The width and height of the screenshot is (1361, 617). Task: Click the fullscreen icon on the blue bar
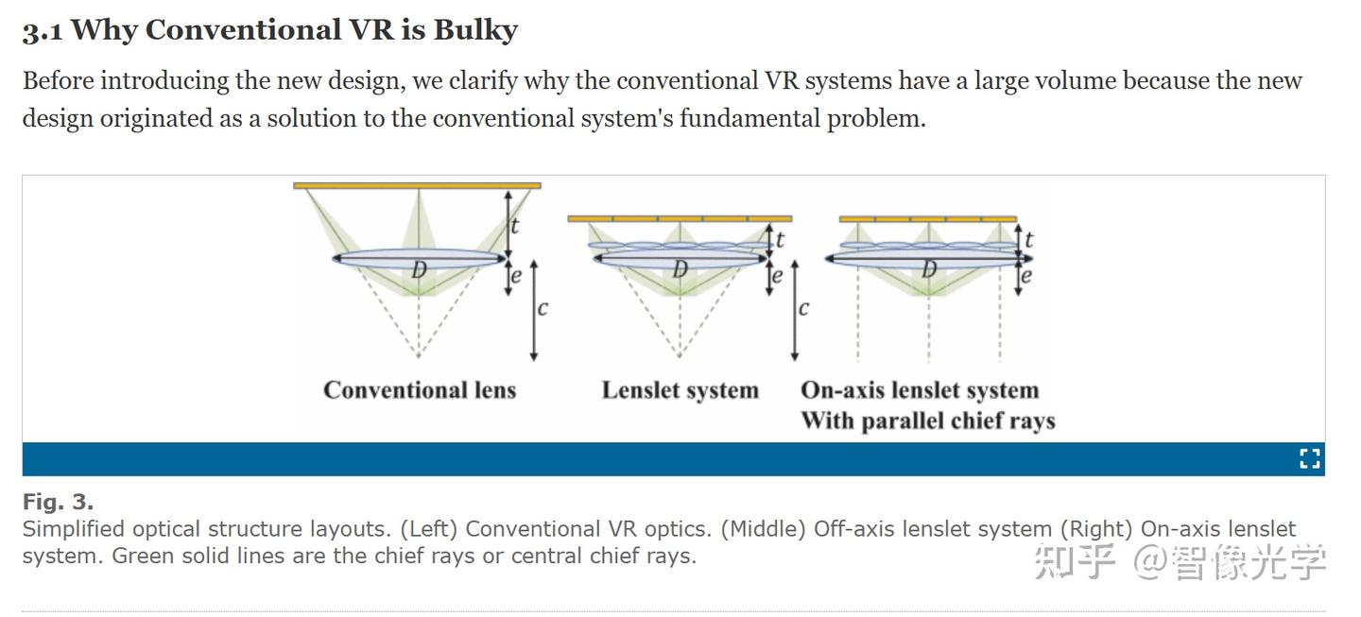[x=1309, y=458]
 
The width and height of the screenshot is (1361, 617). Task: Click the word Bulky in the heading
[x=475, y=30]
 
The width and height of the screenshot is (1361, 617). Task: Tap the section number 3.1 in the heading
[x=43, y=30]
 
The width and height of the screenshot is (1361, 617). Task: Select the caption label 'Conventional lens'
[x=420, y=390]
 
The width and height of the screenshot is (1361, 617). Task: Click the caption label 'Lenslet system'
[x=680, y=390]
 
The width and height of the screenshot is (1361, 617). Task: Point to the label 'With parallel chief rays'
[x=928, y=420]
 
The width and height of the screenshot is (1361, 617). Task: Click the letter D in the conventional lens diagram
[x=419, y=269]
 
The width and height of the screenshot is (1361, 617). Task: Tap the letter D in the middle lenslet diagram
[x=680, y=268]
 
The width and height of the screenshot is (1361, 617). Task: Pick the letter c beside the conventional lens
[x=543, y=308]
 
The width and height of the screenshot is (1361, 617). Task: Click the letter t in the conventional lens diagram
[x=514, y=226]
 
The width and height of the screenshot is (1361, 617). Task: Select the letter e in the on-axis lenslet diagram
[x=1026, y=276]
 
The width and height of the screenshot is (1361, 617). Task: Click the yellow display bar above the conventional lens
[x=417, y=186]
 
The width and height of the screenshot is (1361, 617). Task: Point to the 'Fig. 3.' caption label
[x=59, y=503]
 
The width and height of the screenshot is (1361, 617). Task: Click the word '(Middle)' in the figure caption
[x=763, y=529]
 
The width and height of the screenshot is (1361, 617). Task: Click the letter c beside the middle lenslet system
[x=803, y=308]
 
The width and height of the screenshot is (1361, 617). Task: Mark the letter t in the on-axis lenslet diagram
[x=1028, y=240]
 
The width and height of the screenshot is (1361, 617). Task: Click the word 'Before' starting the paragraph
[x=59, y=80]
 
